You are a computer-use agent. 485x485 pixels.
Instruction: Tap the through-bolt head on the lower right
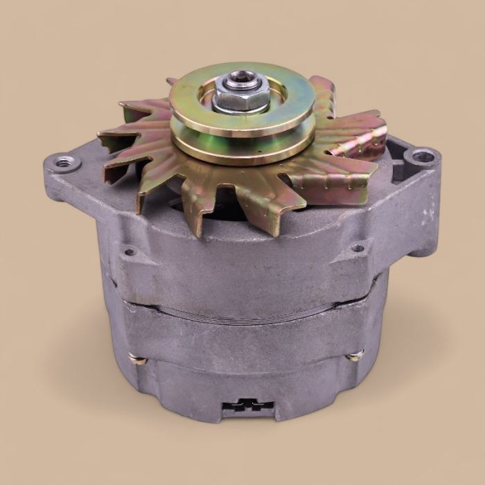356,356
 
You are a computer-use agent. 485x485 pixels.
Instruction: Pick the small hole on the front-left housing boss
127,252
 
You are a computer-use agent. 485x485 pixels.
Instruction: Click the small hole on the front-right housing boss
358,247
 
